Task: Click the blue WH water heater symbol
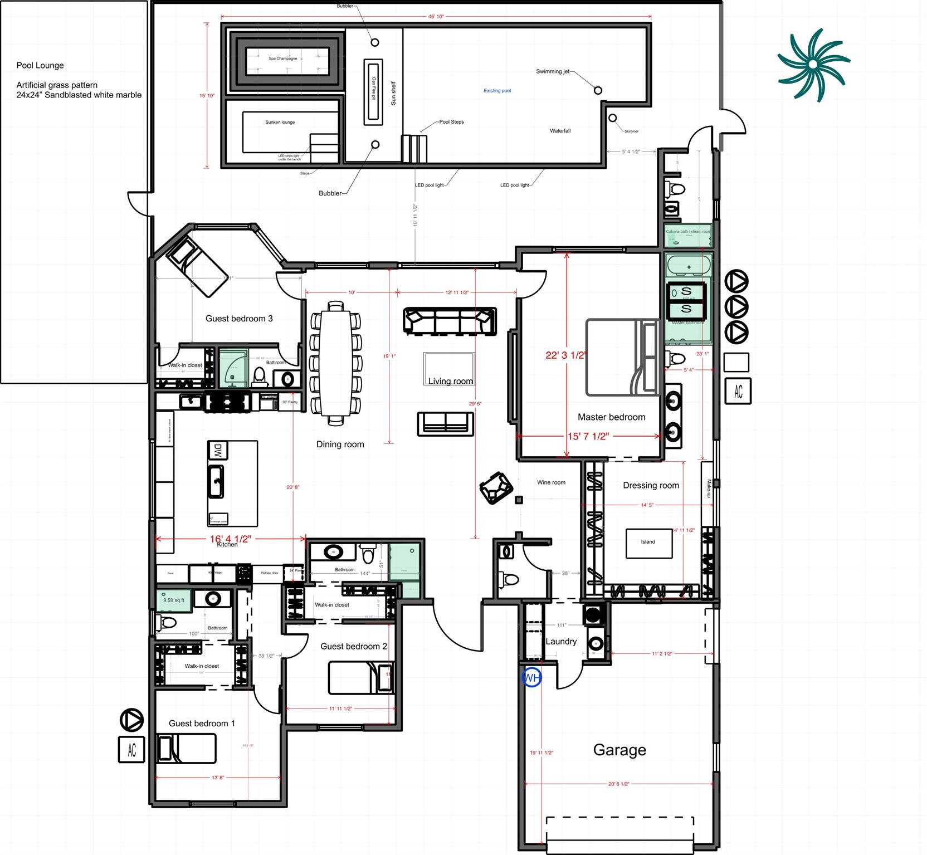click(531, 678)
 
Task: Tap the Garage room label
click(619, 750)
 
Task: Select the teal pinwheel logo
click(813, 65)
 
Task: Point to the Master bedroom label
click(611, 417)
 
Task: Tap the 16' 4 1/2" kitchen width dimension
click(231, 539)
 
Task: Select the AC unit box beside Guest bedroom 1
click(132, 749)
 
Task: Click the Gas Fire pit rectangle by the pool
click(373, 92)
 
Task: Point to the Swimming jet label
click(553, 71)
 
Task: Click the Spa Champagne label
click(282, 58)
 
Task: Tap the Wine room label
click(551, 482)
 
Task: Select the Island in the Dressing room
click(648, 542)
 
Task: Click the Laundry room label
click(561, 641)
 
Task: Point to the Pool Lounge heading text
click(40, 65)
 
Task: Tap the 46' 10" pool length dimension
click(436, 17)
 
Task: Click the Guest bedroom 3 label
click(239, 319)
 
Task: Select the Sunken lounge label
click(280, 122)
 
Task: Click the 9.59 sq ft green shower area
click(174, 600)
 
